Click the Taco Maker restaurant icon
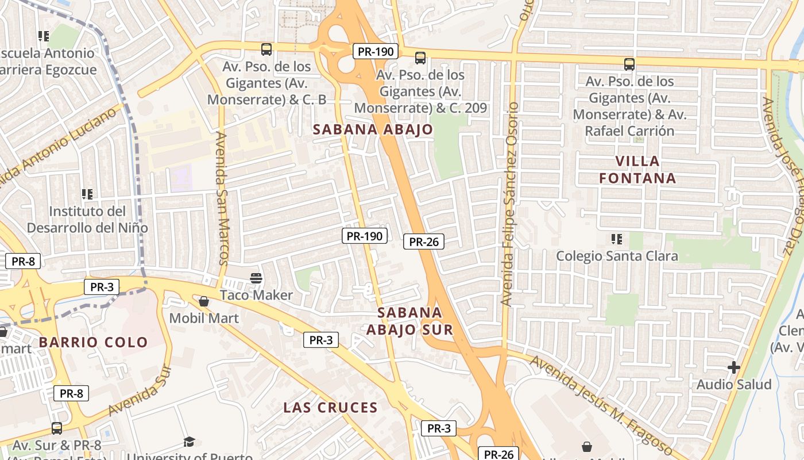pos(256,279)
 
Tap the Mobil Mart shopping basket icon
pos(204,301)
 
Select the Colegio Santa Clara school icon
pos(617,239)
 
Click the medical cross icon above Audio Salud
pos(733,367)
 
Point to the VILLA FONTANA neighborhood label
pos(637,170)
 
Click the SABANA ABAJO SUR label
pos(410,321)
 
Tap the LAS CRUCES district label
pos(330,408)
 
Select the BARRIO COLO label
pos(94,342)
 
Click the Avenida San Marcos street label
pos(223,198)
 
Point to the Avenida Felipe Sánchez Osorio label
pos(509,204)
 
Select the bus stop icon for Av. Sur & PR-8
pos(56,428)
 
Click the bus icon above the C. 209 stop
pos(420,58)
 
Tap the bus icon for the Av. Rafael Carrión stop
pos(629,64)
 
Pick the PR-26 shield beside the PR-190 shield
pos(424,242)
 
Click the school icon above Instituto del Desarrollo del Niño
pos(87,194)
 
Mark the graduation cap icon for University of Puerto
pos(189,442)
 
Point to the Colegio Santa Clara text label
pos(617,256)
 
